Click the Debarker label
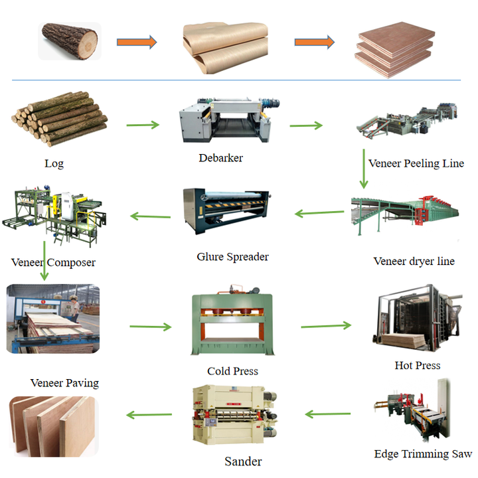click(220, 158)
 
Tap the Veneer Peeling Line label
click(416, 163)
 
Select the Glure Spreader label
click(232, 257)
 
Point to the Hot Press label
click(418, 365)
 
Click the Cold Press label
click(232, 371)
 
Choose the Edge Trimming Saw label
click(423, 454)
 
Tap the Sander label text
click(243, 461)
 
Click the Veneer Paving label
click(64, 383)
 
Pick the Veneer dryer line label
click(414, 262)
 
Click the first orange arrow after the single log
click(137, 42)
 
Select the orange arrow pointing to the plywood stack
click(314, 42)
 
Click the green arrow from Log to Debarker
click(143, 125)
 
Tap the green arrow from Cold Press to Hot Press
click(326, 325)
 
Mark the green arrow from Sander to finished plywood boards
click(149, 414)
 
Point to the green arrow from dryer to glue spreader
click(319, 213)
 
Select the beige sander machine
click(235, 414)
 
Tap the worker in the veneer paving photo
click(74, 309)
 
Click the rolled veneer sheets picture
click(226, 48)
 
